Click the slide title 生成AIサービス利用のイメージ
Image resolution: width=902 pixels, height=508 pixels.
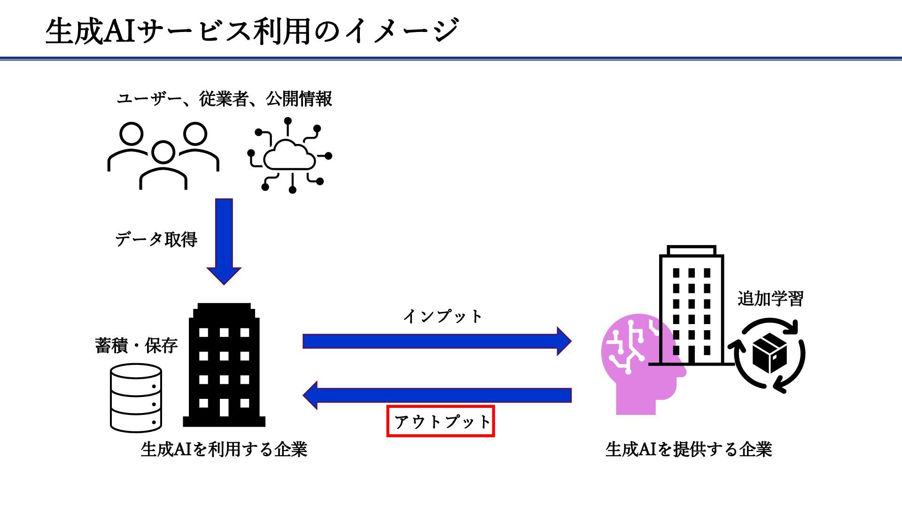click(x=252, y=31)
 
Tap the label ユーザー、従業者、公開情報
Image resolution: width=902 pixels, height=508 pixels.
click(x=224, y=99)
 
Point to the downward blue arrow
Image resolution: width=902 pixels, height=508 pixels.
click(x=224, y=240)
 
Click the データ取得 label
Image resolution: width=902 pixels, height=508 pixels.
click(x=156, y=239)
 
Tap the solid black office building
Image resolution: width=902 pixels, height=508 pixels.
click(x=224, y=367)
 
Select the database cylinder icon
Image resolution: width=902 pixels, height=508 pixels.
click(x=136, y=398)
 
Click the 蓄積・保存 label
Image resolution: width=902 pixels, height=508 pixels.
click(x=136, y=346)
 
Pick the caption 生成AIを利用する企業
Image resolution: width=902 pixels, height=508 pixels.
click(x=224, y=449)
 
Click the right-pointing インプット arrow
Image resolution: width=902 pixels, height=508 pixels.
click(x=437, y=341)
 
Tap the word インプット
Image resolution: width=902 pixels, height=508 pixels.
click(x=443, y=316)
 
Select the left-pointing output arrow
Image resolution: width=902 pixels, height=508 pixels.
click(x=437, y=395)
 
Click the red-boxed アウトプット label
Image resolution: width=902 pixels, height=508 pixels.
click(x=441, y=421)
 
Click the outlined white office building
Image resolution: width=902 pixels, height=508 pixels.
click(x=691, y=306)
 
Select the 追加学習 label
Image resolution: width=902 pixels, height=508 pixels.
click(x=770, y=299)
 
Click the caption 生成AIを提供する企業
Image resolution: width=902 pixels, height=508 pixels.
click(x=689, y=449)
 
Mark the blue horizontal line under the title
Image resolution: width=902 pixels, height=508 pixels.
click(x=451, y=59)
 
